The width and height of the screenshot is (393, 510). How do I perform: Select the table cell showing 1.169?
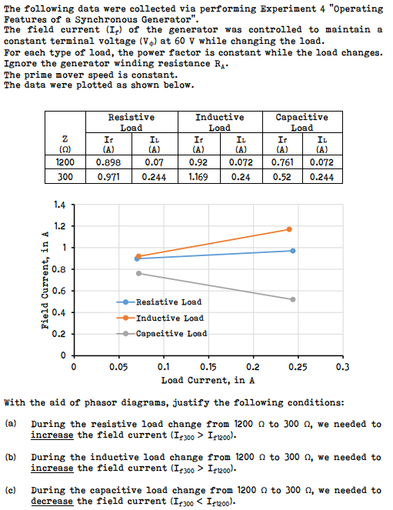pyautogui.click(x=198, y=176)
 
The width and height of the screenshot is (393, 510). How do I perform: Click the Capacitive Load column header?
pyautogui.click(x=301, y=122)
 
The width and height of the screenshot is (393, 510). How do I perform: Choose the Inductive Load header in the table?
pyautogui.click(x=219, y=122)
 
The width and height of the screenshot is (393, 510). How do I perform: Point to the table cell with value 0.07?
pyautogui.click(x=155, y=162)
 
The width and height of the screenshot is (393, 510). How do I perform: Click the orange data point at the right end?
pyautogui.click(x=289, y=229)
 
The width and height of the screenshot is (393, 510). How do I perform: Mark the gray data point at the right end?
pyautogui.click(x=293, y=299)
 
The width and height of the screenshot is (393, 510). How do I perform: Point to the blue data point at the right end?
pyautogui.click(x=293, y=251)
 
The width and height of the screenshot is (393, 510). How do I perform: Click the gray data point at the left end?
pyautogui.click(x=138, y=273)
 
